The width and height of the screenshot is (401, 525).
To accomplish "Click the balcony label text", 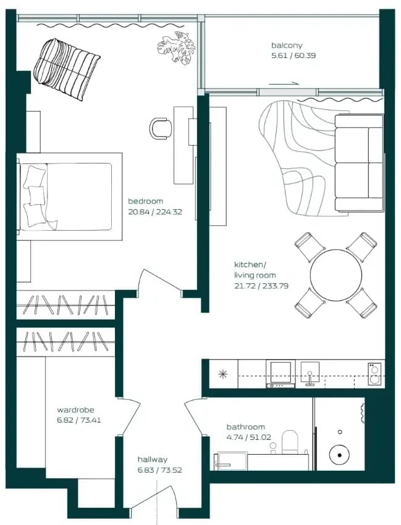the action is click(287, 45).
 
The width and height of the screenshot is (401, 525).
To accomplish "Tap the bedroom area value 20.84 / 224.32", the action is click(155, 212).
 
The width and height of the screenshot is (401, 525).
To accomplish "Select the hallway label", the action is click(152, 460).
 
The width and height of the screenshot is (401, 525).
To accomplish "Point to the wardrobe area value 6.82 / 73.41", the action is click(79, 420).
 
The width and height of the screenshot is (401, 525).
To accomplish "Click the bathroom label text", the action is click(246, 427).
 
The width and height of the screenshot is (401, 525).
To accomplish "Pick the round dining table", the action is click(336, 275).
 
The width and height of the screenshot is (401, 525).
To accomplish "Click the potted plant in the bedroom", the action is click(176, 48).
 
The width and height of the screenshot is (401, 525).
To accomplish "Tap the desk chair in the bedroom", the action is click(161, 128).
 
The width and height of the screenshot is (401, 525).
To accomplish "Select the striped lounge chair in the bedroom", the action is click(66, 69).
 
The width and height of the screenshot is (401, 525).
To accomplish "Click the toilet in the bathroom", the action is click(290, 442).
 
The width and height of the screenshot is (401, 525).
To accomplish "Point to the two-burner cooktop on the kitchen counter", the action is click(374, 374).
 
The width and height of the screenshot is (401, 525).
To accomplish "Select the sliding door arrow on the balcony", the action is click(284, 84).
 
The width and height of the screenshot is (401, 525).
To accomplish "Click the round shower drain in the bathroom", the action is click(339, 455).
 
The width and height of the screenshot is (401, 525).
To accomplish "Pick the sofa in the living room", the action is click(359, 163).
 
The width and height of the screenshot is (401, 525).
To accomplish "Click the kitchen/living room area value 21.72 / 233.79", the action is click(261, 286).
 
